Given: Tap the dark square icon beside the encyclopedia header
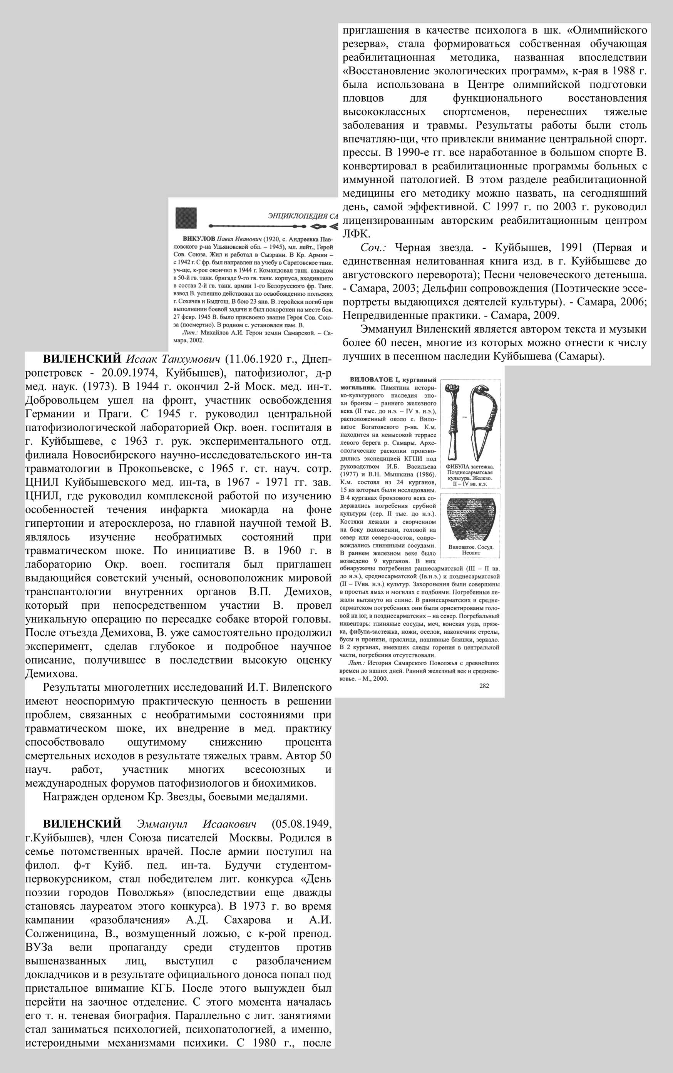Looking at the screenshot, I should [185, 217].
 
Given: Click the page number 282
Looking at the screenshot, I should [484, 685].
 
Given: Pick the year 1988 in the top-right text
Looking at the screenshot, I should [615, 71].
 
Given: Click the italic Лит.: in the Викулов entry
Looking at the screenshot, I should [191, 332].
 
